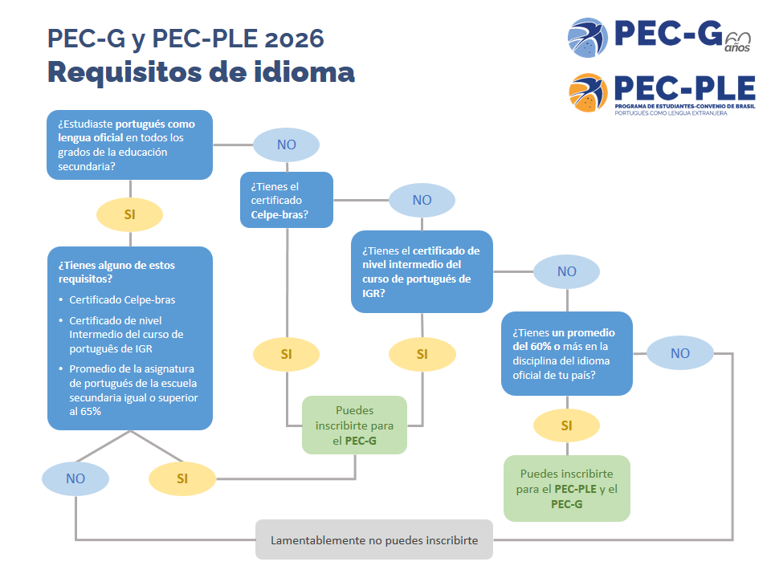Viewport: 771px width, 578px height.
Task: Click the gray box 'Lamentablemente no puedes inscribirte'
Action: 373,539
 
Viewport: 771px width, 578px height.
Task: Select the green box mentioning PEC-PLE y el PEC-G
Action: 566,488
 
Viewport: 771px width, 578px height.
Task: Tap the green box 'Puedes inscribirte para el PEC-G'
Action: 354,425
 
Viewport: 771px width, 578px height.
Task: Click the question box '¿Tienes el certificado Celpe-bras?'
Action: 286,200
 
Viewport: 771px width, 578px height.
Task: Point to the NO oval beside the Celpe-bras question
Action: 422,200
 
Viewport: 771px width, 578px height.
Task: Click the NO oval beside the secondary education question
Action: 286,144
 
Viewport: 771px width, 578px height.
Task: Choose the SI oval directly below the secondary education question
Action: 129,214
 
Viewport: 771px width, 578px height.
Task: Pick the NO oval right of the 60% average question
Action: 679,353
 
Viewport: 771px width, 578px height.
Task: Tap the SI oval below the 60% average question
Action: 566,425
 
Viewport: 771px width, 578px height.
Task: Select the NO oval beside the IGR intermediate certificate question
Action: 566,271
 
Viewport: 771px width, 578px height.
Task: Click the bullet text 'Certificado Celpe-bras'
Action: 122,299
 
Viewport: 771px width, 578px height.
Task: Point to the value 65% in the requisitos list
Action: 91,411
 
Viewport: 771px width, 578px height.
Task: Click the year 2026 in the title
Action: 294,39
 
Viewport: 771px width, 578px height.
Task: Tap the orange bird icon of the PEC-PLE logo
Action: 587,93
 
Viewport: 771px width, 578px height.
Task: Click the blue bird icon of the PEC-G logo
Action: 587,38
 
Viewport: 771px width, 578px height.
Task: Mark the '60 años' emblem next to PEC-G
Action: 737,43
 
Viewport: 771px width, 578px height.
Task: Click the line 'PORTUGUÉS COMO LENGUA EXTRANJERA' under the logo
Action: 671,113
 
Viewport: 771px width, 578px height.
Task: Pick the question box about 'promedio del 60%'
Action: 566,353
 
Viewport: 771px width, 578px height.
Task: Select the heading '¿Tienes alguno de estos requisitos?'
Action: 116,272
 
